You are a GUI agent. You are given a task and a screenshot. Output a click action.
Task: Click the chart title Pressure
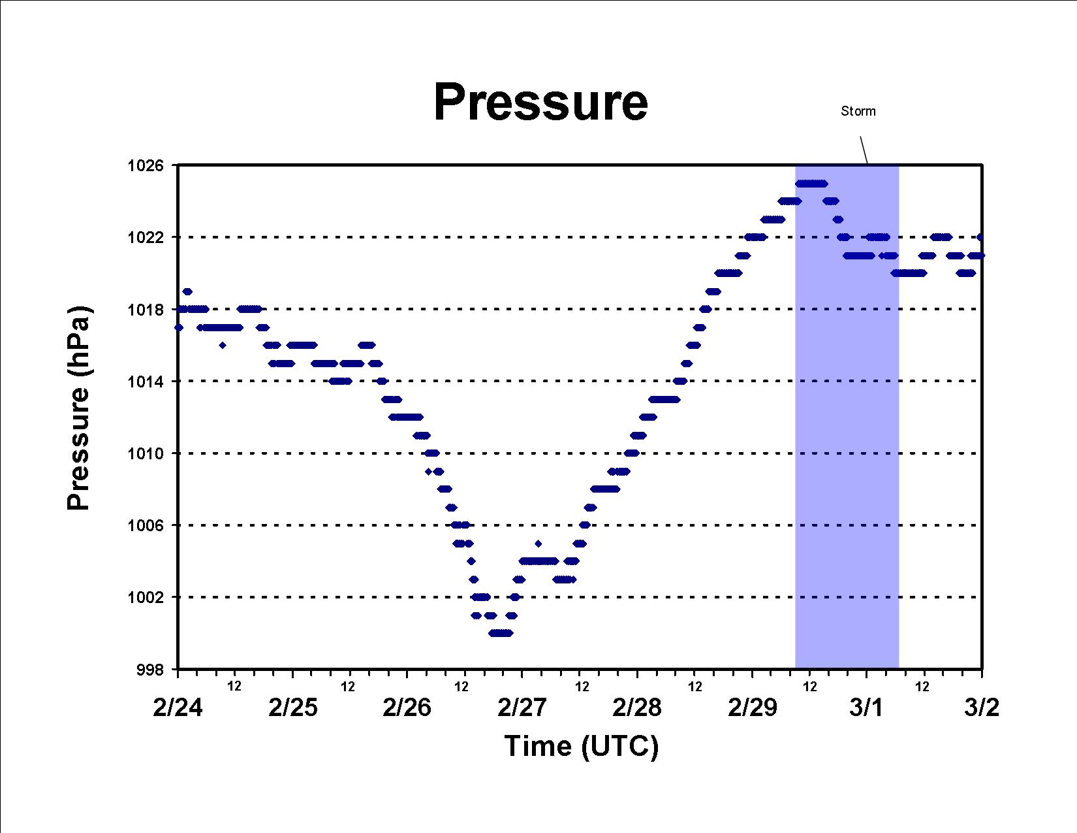(540, 103)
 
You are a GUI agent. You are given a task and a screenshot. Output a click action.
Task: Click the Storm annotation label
(858, 111)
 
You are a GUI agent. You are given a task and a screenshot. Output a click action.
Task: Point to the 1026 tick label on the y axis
(146, 165)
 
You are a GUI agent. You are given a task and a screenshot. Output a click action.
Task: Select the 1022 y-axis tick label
(146, 238)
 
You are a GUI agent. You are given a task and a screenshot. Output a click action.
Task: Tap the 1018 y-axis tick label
(146, 310)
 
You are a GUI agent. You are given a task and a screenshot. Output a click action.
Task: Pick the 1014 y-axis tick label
(146, 382)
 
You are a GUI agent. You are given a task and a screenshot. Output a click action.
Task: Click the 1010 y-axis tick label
(146, 453)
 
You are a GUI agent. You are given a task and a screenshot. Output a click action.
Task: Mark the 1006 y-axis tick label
(146, 525)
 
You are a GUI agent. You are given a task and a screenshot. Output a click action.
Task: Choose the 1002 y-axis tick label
(146, 597)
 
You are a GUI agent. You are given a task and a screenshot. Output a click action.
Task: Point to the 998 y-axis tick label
(150, 670)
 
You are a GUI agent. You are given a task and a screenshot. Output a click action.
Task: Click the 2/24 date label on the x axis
(178, 708)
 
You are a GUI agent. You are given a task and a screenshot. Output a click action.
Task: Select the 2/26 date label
(407, 708)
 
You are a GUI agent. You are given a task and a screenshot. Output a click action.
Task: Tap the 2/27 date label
(522, 708)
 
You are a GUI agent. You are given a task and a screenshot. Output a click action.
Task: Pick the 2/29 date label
(753, 708)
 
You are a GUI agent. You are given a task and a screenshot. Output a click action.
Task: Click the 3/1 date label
(866, 708)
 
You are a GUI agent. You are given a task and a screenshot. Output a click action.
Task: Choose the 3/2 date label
(982, 708)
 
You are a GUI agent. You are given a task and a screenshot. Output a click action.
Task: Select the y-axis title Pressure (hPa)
(78, 408)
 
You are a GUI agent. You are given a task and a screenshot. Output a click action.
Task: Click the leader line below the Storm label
(864, 150)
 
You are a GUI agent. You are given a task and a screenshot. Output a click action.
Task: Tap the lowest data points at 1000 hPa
(501, 633)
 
